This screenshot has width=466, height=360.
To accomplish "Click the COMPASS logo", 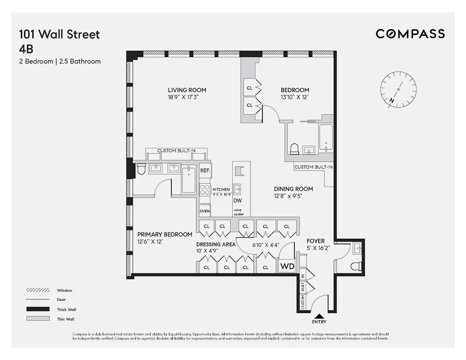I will (x=410, y=34).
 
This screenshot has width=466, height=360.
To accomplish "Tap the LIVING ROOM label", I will (x=187, y=90).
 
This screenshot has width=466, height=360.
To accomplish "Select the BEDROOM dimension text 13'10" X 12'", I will (x=295, y=97).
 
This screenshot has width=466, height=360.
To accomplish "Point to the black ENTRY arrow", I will (x=319, y=316).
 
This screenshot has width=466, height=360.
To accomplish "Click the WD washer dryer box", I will (x=287, y=266).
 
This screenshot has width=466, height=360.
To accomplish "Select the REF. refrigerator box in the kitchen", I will (x=205, y=171).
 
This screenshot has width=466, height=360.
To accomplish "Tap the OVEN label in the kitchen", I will (x=205, y=211).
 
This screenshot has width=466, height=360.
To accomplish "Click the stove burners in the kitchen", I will (x=205, y=189).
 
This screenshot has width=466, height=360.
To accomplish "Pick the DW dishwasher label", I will (x=237, y=201).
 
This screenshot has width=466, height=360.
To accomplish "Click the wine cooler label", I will (x=238, y=212).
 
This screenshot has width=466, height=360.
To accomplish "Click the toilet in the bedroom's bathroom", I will (x=294, y=149).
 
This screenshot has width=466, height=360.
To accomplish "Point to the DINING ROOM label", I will (x=293, y=189).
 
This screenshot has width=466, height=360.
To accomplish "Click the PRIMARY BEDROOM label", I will (x=165, y=234).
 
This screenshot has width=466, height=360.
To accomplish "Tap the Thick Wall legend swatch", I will (x=38, y=309).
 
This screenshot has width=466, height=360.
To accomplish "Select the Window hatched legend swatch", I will (x=38, y=290).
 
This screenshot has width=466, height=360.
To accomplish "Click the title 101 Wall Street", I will (x=59, y=35).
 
